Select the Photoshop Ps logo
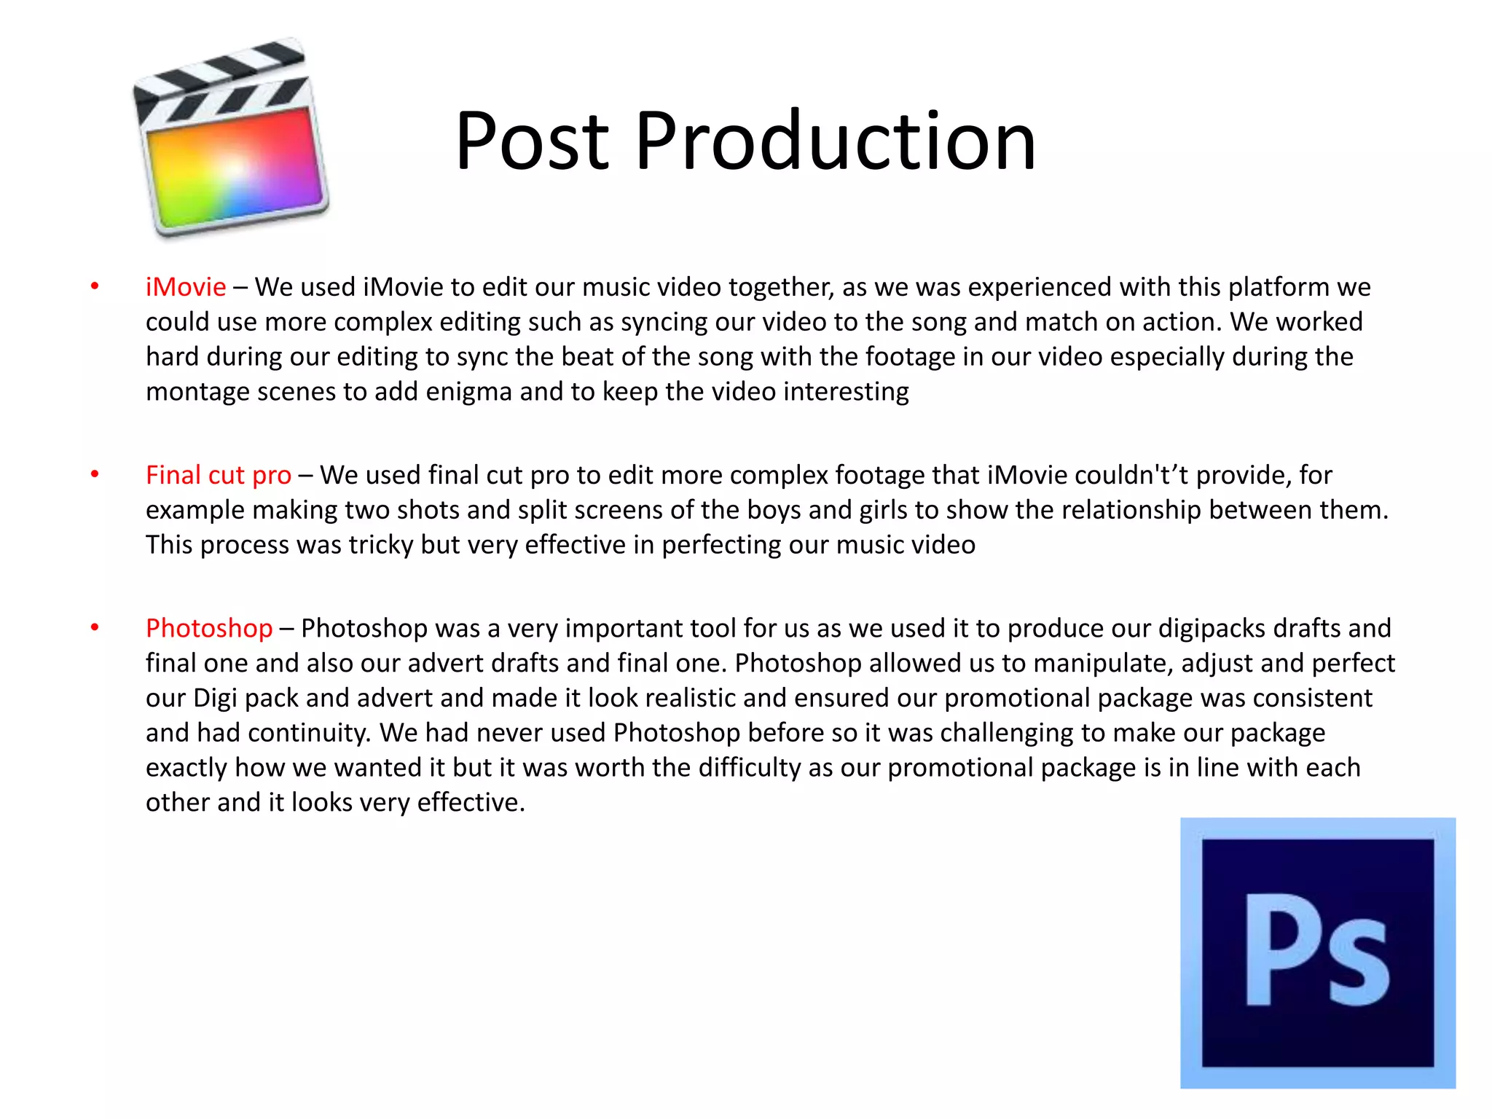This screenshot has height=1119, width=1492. [x=1317, y=953]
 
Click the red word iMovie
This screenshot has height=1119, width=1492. [x=186, y=287]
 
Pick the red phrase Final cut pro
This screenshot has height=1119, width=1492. [x=219, y=475]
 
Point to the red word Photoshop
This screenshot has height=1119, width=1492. [x=209, y=628]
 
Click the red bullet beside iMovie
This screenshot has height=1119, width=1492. [x=95, y=286]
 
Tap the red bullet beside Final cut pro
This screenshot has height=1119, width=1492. [x=95, y=474]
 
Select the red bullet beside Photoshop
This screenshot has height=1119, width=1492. [x=95, y=627]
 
